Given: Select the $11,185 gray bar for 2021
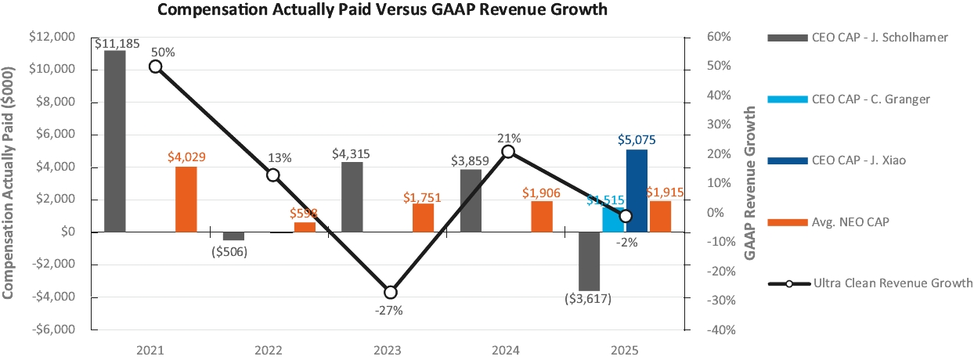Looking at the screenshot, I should pyautogui.click(x=115, y=141).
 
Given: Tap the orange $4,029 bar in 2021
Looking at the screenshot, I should pyautogui.click(x=186, y=199).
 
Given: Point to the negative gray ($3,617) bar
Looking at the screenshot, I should pyautogui.click(x=589, y=261).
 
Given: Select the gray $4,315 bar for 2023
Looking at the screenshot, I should pyautogui.click(x=352, y=197).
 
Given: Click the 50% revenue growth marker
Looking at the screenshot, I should pyautogui.click(x=155, y=67).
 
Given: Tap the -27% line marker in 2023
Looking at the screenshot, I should pyautogui.click(x=390, y=292).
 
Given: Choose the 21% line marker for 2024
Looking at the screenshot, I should pyautogui.click(x=508, y=152).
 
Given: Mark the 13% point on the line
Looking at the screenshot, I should pyautogui.click(x=272, y=175).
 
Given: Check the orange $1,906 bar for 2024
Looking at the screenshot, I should pyautogui.click(x=542, y=216).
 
